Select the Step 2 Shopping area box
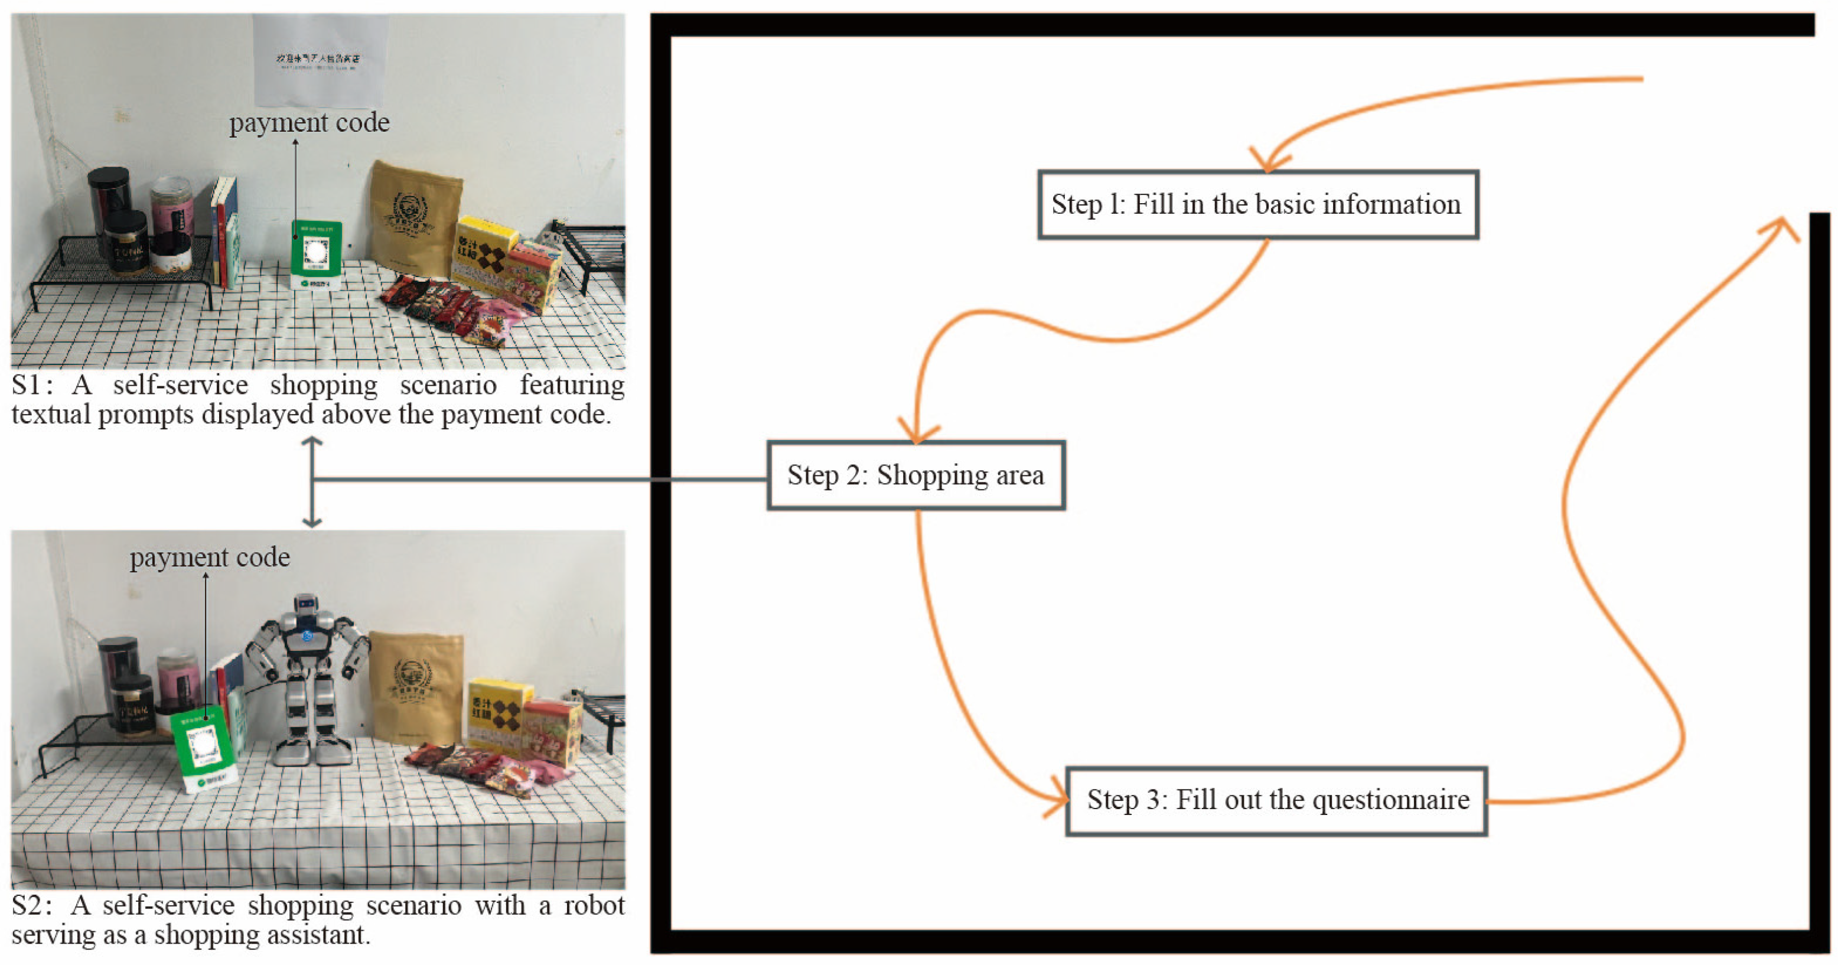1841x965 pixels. pos(915,475)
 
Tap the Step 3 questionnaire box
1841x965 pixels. pos(1276,800)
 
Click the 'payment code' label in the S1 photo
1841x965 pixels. pos(309,123)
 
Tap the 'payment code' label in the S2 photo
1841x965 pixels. pos(210,558)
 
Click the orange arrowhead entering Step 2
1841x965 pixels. pos(918,432)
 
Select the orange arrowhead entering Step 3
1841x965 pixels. pos(1058,800)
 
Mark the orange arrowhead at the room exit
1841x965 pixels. pos(1784,227)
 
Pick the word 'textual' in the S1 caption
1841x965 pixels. pos(51,415)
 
